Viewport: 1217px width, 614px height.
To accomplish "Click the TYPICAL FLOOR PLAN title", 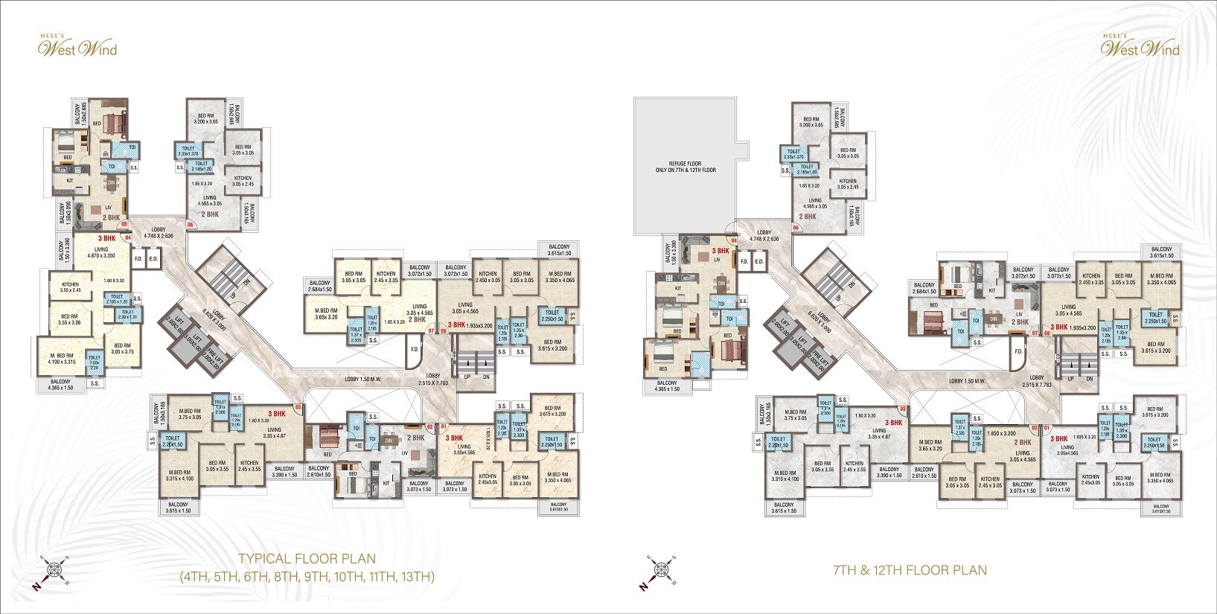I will pyautogui.click(x=307, y=559).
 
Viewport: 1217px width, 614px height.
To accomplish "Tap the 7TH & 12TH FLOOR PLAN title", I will pyautogui.click(x=910, y=571).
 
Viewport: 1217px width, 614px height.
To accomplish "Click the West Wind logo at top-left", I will pyautogui.click(x=77, y=47).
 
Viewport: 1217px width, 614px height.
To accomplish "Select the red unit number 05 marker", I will pyautogui.click(x=125, y=223).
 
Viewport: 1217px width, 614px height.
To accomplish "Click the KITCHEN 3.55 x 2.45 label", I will pyautogui.click(x=70, y=287).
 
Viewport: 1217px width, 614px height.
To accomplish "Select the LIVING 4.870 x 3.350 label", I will pyautogui.click(x=101, y=252).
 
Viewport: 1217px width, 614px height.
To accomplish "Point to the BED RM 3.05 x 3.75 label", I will pyautogui.click(x=122, y=349).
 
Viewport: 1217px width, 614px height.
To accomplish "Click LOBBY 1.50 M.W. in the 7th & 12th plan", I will pyautogui.click(x=967, y=381).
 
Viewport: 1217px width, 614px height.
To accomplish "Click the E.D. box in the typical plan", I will pyautogui.click(x=154, y=259).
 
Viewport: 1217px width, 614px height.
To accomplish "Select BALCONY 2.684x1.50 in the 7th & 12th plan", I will pyautogui.click(x=924, y=288).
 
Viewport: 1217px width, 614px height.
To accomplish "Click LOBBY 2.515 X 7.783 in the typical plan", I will pyautogui.click(x=433, y=380).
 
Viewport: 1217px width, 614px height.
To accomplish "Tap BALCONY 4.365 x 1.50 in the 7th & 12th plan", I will pyautogui.click(x=668, y=386).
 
